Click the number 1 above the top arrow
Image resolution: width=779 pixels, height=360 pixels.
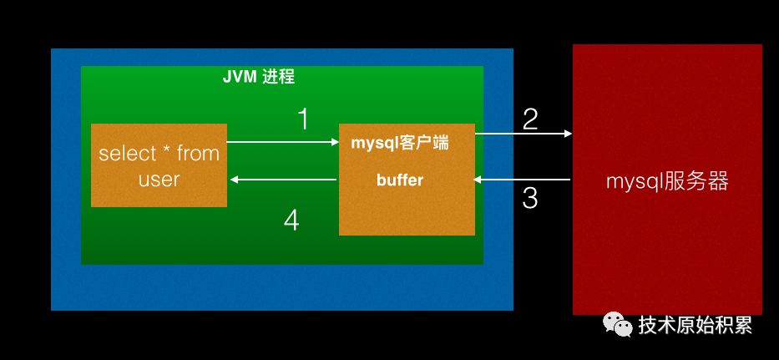pos(303,119)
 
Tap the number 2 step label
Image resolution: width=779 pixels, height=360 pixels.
pos(529,119)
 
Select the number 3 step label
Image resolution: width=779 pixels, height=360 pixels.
pos(529,199)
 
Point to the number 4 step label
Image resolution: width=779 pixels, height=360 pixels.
pos(291,221)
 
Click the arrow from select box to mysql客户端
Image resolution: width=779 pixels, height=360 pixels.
pos(282,142)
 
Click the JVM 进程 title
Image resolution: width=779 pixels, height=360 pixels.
pos(258,78)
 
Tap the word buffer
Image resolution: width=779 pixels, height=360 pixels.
pos(400,180)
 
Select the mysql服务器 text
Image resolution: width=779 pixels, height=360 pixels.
pos(667,181)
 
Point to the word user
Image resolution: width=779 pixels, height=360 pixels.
pos(159,179)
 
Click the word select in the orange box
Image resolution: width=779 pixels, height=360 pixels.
pos(127,154)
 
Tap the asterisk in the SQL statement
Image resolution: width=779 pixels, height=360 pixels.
pos(167,151)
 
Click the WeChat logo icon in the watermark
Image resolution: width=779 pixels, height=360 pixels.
pos(619,324)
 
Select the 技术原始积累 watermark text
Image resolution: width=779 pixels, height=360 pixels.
pos(696,325)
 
